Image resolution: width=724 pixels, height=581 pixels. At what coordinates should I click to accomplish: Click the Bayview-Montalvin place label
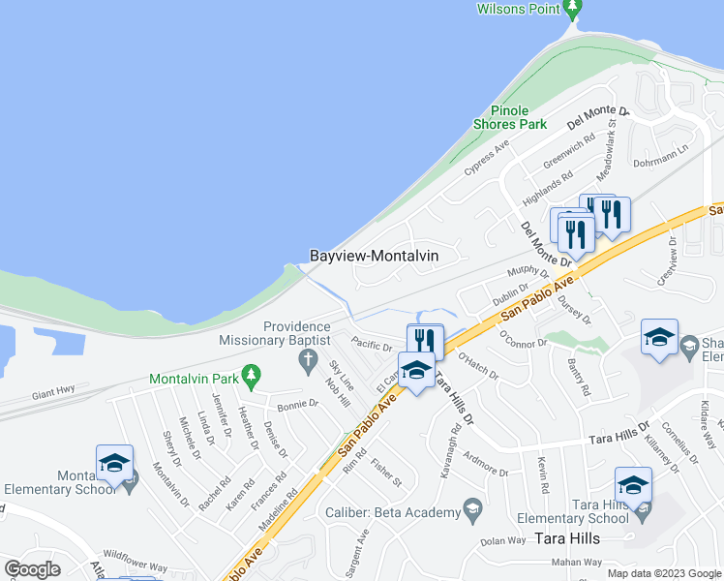point(374,256)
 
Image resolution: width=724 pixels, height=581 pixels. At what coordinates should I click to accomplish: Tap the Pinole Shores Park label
point(510,117)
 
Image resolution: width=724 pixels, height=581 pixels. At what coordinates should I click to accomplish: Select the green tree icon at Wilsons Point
point(572,9)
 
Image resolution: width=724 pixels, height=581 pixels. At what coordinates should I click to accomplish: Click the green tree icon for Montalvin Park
point(251,375)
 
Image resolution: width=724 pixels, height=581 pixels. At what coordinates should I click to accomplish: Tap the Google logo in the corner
point(33,569)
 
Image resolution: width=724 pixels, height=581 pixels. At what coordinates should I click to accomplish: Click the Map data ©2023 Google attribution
point(663,573)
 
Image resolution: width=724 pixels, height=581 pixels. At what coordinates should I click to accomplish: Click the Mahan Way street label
point(577,562)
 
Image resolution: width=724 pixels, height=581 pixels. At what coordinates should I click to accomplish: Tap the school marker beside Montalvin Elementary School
point(113,462)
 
